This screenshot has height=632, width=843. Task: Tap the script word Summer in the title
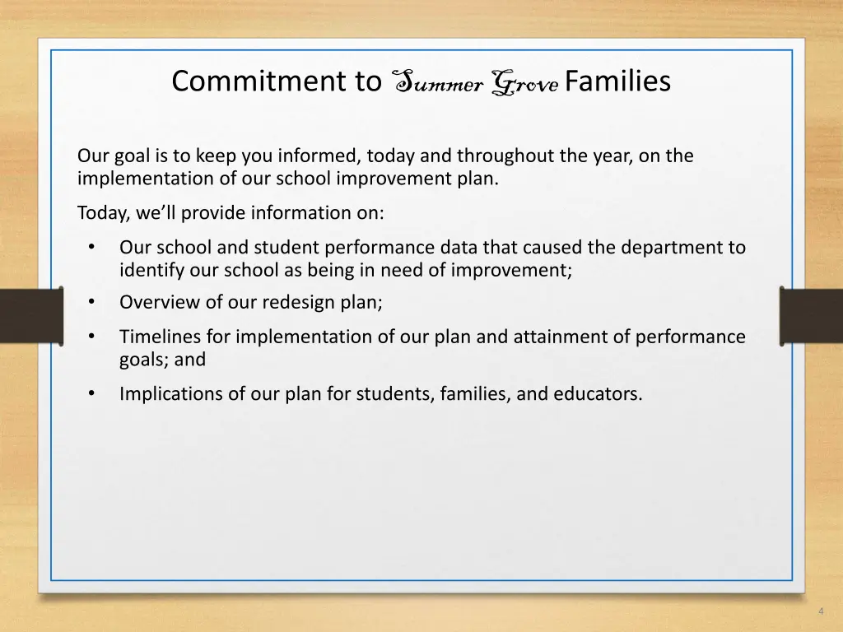[435, 82]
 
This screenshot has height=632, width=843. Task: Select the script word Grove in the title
[524, 82]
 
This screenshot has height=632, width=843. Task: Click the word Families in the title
[617, 81]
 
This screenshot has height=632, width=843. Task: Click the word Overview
[160, 302]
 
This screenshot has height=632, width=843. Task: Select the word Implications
[171, 393]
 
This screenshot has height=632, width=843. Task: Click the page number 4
[821, 611]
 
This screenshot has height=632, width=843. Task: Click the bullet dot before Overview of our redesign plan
[91, 302]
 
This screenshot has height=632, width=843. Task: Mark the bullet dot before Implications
[91, 393]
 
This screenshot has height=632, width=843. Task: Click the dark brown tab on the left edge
[30, 315]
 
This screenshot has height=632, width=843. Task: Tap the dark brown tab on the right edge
[812, 315]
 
